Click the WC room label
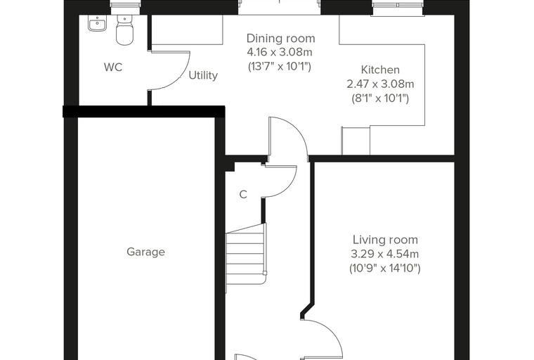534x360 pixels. click(x=113, y=67)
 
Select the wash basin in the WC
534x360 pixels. click(x=98, y=23)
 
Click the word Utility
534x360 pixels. click(x=203, y=75)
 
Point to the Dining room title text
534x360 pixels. click(x=280, y=38)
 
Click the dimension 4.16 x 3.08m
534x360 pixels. click(x=280, y=52)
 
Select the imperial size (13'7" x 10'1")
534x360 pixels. click(x=280, y=67)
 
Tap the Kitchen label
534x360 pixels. click(x=380, y=70)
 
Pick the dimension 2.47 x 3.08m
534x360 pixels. click(x=380, y=84)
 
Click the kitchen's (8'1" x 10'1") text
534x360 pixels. click(x=380, y=98)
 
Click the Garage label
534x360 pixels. click(x=145, y=252)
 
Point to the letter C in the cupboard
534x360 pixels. click(x=243, y=195)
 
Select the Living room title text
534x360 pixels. click(x=385, y=240)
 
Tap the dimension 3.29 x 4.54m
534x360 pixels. click(x=385, y=254)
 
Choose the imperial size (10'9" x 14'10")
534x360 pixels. click(x=385, y=269)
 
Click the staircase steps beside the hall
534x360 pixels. click(x=246, y=254)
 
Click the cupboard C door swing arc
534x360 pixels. click(x=288, y=188)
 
